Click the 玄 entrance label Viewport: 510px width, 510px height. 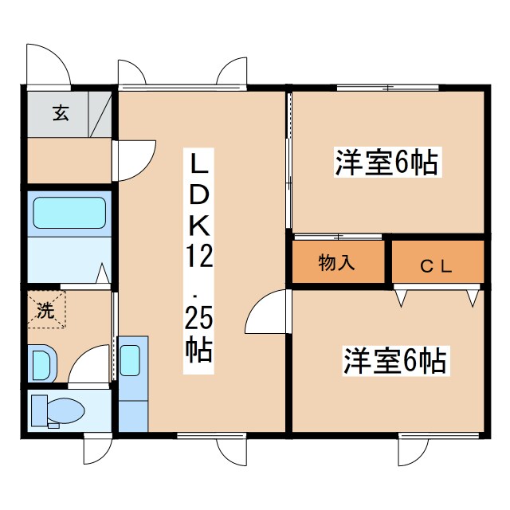[61, 112]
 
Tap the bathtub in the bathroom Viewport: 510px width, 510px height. [69, 213]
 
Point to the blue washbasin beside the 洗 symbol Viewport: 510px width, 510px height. [41, 363]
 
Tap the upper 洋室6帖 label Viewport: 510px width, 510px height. [386, 163]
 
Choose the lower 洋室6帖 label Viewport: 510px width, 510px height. [394, 361]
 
